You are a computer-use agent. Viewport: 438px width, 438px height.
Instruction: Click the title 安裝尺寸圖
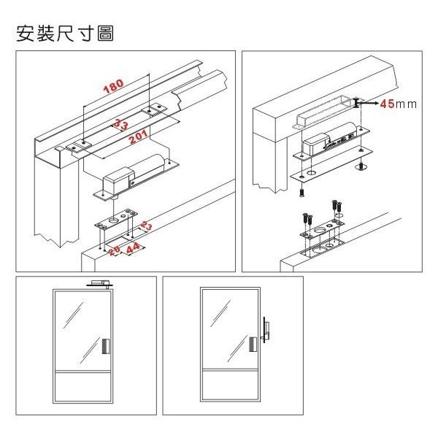click(65, 34)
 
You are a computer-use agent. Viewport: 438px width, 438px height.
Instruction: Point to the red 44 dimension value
click(134, 249)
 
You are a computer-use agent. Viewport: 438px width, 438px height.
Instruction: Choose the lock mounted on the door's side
click(266, 332)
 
